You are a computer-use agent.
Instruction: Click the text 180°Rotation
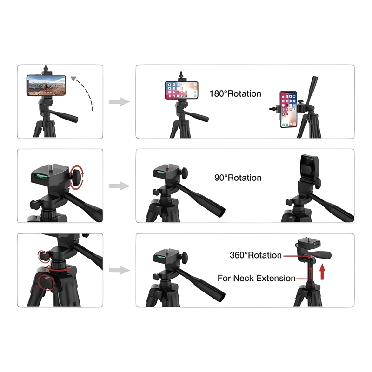(x=235, y=94)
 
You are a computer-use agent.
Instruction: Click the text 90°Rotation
(x=238, y=178)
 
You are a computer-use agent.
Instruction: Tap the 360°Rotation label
(x=256, y=255)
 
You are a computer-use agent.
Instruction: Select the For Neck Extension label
(x=257, y=278)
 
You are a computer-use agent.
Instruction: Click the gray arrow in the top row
(x=120, y=101)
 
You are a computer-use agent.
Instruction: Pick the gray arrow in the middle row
(x=120, y=186)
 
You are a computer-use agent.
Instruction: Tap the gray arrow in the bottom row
(x=120, y=270)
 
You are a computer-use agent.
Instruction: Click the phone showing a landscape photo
(x=46, y=85)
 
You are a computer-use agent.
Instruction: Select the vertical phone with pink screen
(x=288, y=109)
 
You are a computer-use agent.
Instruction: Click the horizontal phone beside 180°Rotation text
(x=181, y=90)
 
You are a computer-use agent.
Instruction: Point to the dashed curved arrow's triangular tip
(x=73, y=79)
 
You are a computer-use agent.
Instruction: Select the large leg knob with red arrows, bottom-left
(x=47, y=282)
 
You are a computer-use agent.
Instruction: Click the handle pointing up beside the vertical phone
(x=312, y=91)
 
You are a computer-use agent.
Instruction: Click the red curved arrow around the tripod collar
(x=58, y=269)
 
